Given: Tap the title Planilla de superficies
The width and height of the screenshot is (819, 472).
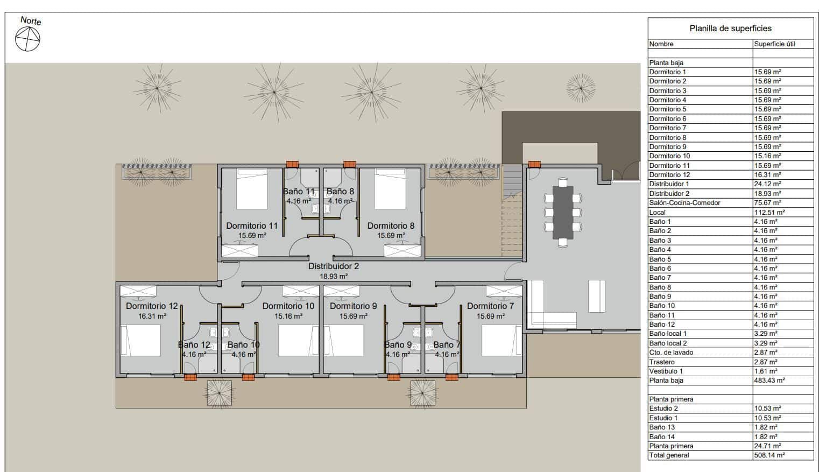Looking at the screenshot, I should click(x=730, y=29).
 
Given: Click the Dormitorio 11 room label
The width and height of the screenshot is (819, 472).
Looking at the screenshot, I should click(x=252, y=226).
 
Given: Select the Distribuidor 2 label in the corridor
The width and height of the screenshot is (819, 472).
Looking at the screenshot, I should click(x=334, y=266).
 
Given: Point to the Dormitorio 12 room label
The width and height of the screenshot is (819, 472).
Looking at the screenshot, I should click(x=152, y=306).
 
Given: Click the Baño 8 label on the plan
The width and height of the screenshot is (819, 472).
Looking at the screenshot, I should click(x=341, y=192).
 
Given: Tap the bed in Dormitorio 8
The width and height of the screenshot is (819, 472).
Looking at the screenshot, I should click(x=390, y=189).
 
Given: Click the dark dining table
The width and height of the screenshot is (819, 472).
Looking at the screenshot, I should click(x=563, y=212).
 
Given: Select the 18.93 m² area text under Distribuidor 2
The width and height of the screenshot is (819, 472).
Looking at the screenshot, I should click(x=334, y=276).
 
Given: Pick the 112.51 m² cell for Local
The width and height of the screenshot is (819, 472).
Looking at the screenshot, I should click(x=769, y=212).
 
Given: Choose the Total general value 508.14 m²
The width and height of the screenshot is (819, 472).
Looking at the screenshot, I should click(x=769, y=455).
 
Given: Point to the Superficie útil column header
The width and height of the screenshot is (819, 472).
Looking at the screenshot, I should click(x=774, y=44).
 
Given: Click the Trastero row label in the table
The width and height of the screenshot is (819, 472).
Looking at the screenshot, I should click(x=662, y=362).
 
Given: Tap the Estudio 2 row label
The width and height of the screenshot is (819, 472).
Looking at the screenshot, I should click(x=663, y=408).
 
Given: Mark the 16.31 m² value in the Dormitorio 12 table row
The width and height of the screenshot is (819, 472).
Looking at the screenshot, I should click(x=767, y=175).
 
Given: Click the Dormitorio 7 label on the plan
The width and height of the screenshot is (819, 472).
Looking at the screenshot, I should click(x=490, y=306).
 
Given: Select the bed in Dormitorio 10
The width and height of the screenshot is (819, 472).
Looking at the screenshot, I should click(x=299, y=340).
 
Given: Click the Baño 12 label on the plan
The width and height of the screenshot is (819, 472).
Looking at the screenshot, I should click(x=194, y=345).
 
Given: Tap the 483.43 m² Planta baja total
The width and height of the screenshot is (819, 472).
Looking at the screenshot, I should click(x=769, y=381).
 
